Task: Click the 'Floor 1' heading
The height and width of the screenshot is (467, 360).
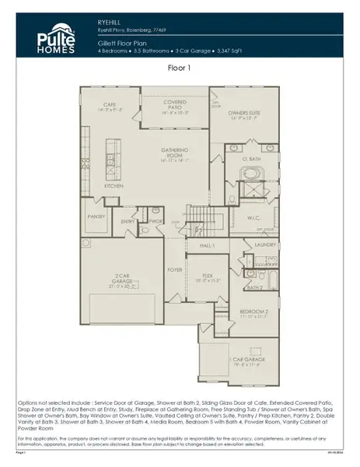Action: coord(180,68)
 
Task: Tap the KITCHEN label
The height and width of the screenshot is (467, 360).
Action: coord(114,187)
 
